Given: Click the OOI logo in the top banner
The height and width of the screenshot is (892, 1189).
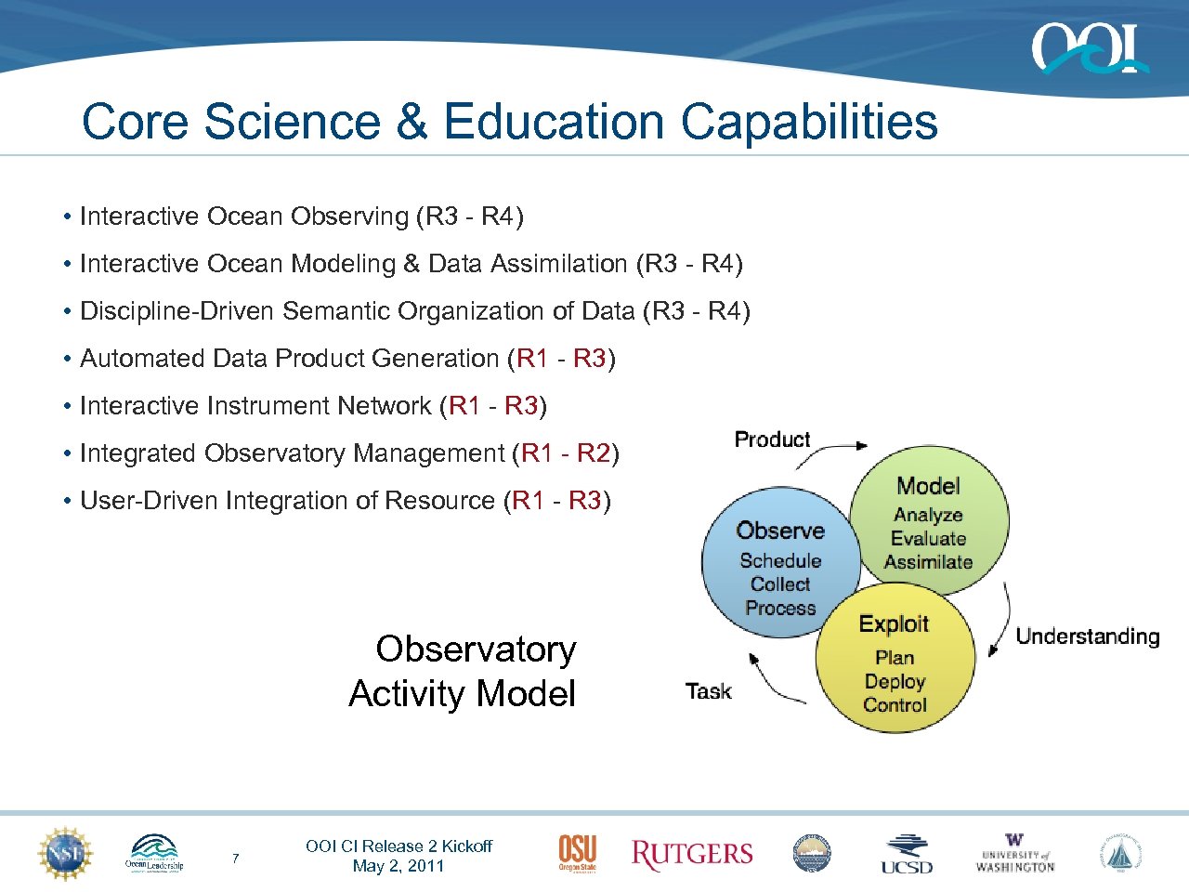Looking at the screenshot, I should coord(1089,48).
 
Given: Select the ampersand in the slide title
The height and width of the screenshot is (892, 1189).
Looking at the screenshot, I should coord(410,122).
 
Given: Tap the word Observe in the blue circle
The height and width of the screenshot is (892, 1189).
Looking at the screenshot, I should coord(780,531).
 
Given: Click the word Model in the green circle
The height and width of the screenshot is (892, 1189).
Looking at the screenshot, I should coord(928,486).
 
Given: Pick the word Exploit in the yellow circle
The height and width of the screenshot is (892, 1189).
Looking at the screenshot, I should coord(894,624).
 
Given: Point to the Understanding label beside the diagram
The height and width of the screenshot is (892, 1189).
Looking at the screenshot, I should coord(1087,636).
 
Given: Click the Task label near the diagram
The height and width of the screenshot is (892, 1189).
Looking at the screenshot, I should coord(708,691).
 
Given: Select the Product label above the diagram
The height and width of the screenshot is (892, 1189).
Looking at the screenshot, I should coord(772,439).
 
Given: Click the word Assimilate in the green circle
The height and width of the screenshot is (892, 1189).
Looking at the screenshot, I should coord(928,562).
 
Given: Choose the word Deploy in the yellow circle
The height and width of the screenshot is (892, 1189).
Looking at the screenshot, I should coord(895,681).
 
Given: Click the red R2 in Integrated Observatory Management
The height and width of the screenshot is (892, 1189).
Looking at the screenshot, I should coord(593,453).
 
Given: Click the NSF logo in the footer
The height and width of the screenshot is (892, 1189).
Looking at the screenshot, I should coord(65,853).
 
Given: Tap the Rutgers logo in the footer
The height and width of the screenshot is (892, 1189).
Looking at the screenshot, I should coord(692,854).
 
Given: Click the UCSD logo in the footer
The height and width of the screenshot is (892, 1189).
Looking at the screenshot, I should coord(907,854).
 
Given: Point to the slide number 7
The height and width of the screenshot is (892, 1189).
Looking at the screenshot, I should coord(235,859).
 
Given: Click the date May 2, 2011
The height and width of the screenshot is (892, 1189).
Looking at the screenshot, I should coord(399,866).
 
